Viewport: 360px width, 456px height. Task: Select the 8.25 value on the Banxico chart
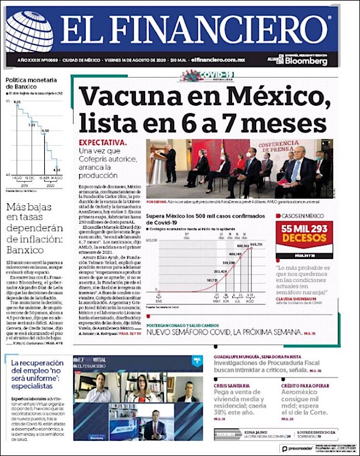pos(17,103)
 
